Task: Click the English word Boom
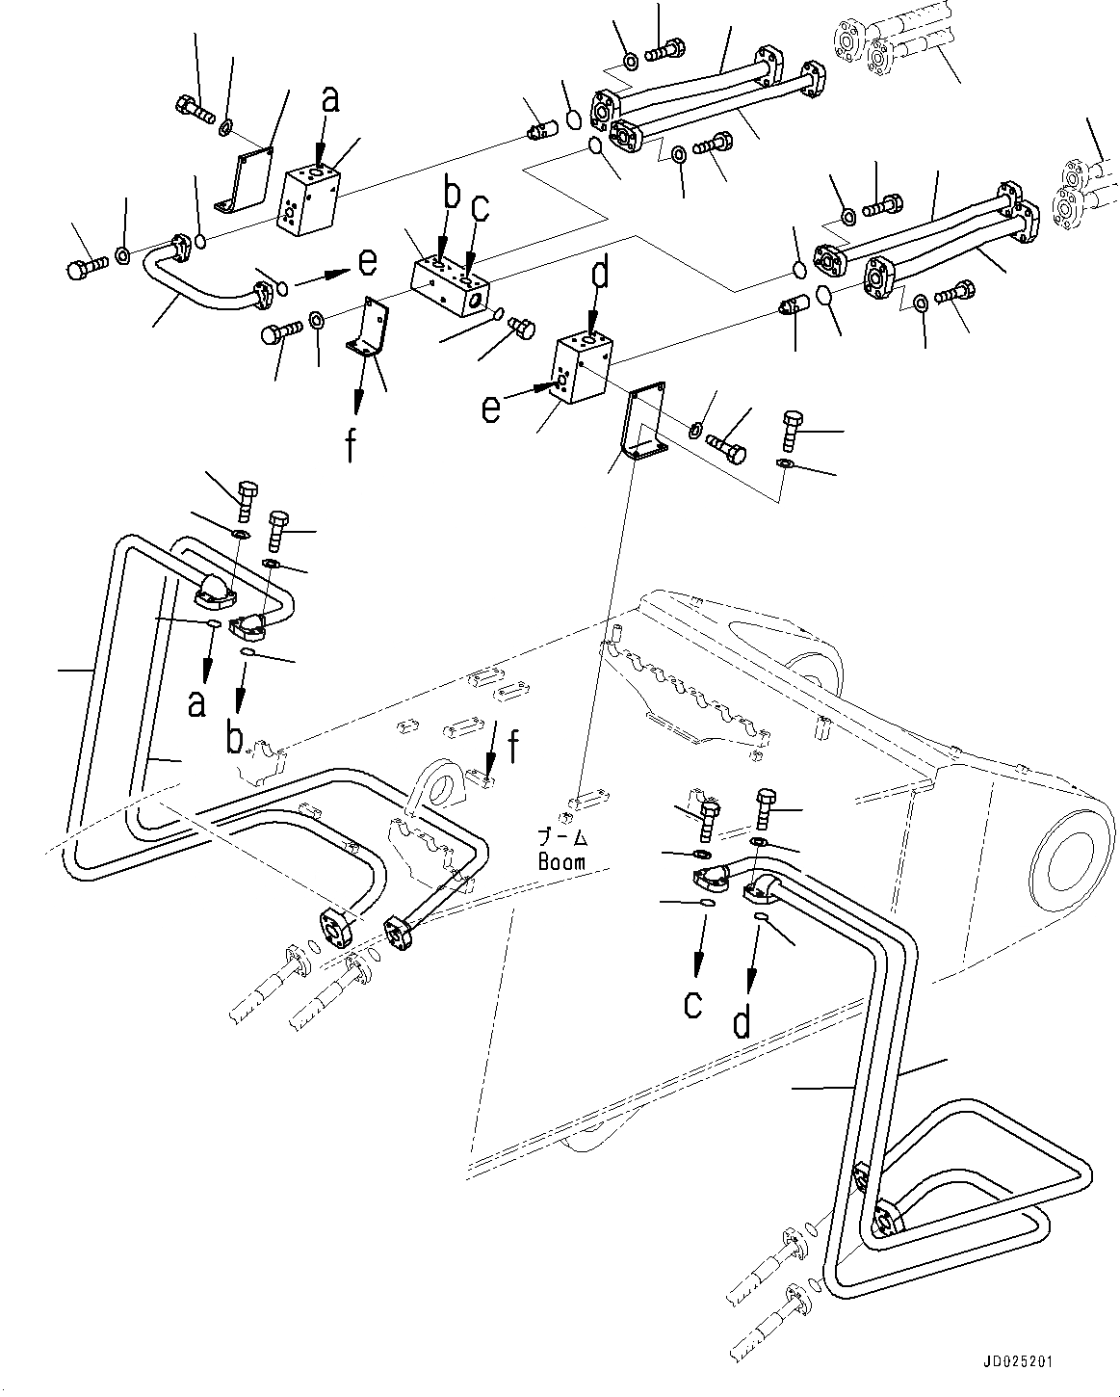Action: click(x=561, y=861)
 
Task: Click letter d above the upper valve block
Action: click(x=599, y=275)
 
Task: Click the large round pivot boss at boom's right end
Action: click(x=1072, y=857)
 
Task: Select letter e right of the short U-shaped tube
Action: click(x=367, y=261)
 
